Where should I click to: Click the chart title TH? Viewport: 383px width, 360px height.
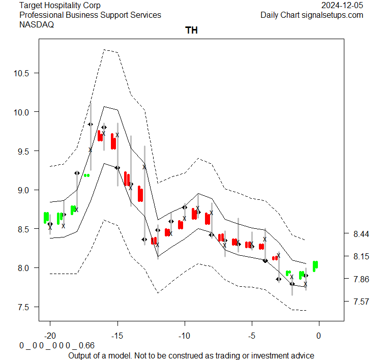tap(191, 31)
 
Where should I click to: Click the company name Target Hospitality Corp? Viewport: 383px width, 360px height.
tap(60, 6)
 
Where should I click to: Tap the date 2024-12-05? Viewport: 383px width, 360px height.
tap(342, 6)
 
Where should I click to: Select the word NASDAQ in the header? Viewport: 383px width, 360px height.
tap(37, 24)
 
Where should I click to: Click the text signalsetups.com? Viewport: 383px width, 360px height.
tap(333, 15)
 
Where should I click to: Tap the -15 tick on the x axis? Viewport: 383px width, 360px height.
tap(117, 336)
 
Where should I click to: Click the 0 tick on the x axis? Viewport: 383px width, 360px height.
tap(319, 336)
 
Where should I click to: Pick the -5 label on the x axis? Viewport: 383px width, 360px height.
tap(252, 336)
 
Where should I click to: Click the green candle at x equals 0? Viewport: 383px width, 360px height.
tap(315, 266)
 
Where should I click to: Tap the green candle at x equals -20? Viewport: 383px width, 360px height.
tap(46, 218)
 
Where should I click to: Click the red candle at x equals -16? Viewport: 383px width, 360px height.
tap(100, 136)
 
